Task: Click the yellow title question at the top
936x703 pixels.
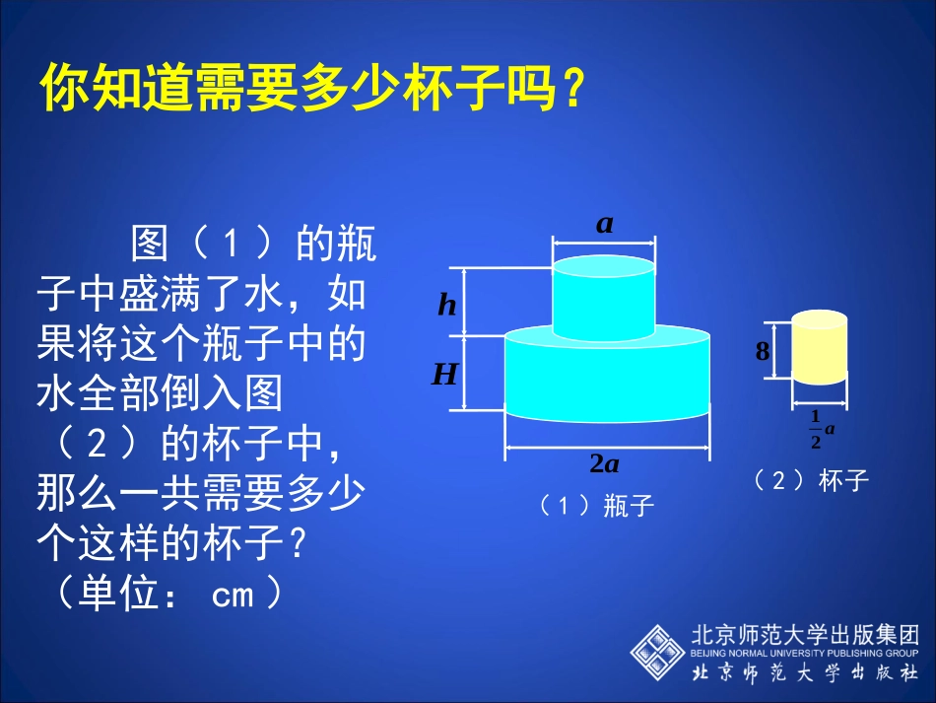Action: pos(305,90)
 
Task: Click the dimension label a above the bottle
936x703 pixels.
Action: pos(604,224)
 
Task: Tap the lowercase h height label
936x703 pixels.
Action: pos(447,306)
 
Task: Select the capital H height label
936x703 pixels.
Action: pos(445,374)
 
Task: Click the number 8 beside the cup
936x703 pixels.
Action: pos(762,351)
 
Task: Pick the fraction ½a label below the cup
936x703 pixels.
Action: pos(821,429)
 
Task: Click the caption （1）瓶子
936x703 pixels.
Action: pos(597,506)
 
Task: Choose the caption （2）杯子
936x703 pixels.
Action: pos(811,480)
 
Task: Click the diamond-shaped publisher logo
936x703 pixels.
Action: pos(658,652)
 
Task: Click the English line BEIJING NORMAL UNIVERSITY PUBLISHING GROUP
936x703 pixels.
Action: pos(805,653)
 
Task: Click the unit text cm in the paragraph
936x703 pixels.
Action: pos(233,595)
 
